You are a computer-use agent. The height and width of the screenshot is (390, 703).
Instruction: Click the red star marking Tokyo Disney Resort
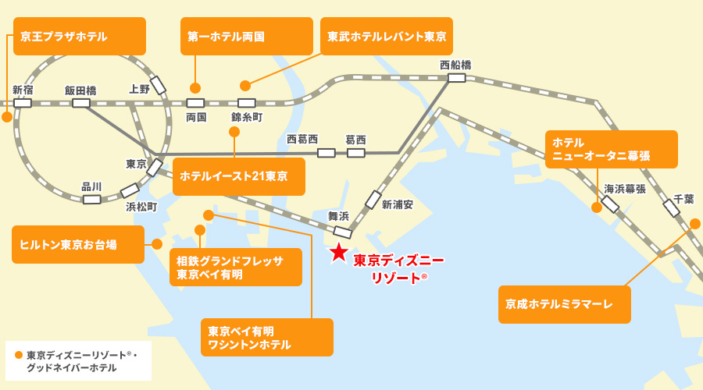(338, 252)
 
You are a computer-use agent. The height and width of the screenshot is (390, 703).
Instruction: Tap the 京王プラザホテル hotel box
(80, 36)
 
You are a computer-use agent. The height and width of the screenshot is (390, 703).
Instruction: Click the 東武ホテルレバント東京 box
(386, 36)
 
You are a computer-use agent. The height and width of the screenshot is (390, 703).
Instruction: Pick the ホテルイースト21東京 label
(238, 176)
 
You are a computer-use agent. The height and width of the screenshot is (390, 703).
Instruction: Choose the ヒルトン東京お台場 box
(78, 244)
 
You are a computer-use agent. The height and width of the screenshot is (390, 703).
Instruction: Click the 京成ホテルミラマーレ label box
(564, 304)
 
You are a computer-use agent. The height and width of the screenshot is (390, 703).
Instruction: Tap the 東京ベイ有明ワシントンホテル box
(266, 337)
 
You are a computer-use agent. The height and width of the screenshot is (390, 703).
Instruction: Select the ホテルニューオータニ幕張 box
(611, 149)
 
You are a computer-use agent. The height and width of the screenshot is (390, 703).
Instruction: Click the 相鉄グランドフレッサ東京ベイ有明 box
(235, 268)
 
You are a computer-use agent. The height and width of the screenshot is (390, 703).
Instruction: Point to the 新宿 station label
(23, 90)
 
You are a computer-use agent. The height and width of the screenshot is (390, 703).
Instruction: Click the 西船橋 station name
(455, 65)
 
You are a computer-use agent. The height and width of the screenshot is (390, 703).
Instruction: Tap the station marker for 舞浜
(342, 232)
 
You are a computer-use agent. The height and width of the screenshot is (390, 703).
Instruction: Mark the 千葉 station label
(683, 199)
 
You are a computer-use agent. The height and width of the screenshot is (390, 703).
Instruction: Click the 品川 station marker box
(92, 199)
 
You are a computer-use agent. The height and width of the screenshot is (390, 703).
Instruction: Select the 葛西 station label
(355, 140)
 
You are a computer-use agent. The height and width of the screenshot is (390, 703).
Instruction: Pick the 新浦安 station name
(397, 204)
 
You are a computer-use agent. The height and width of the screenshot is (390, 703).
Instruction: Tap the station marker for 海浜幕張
(610, 204)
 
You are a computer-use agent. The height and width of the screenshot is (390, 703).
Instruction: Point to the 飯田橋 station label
(80, 90)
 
